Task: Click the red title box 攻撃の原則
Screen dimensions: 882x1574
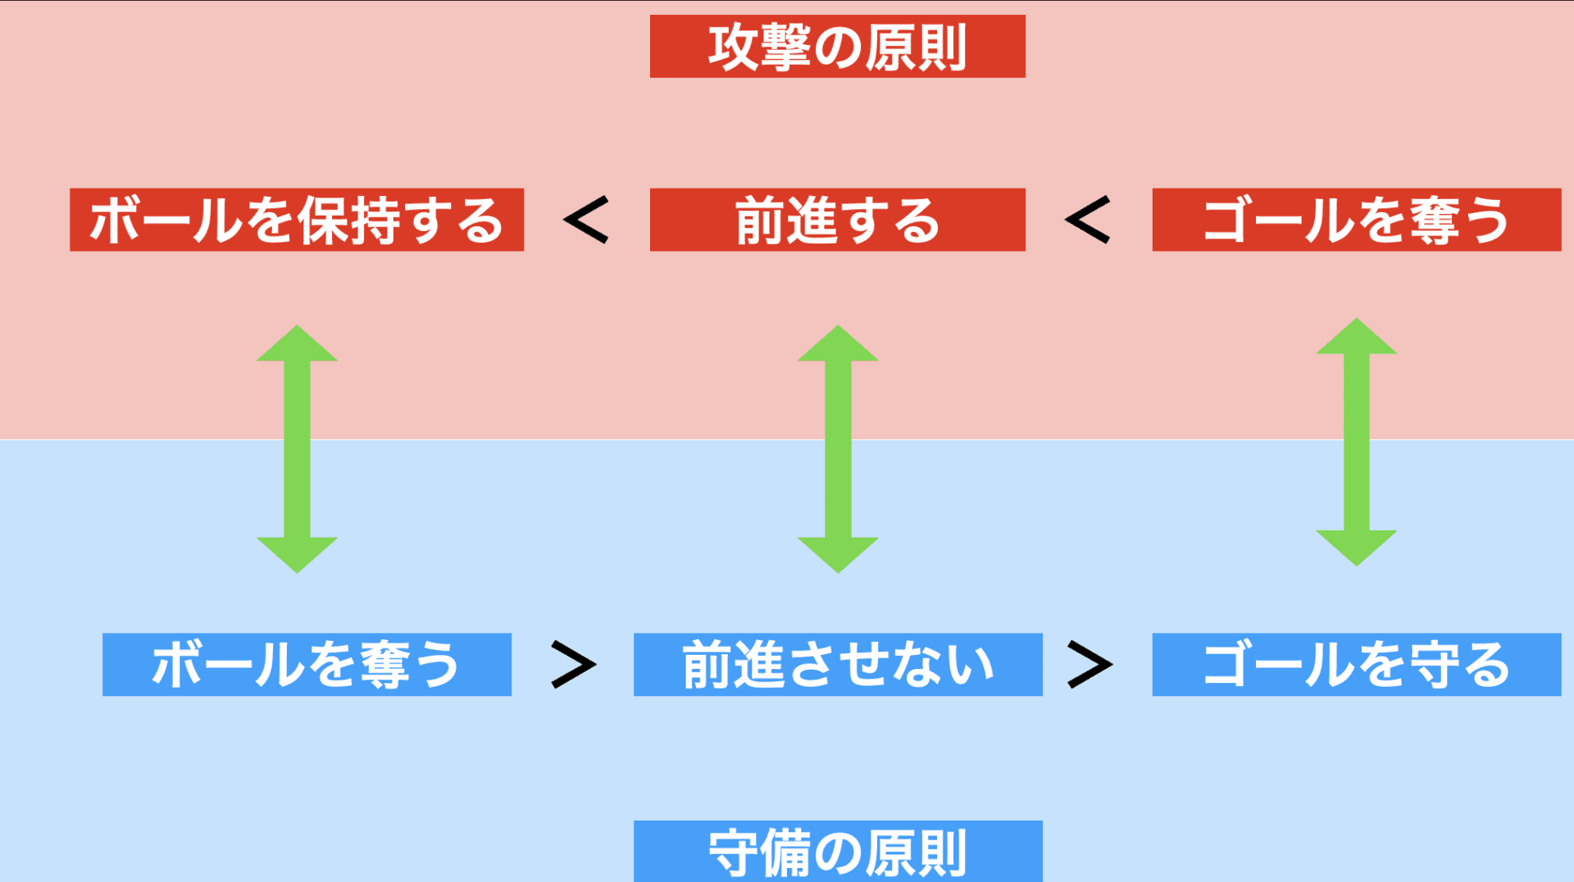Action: [x=837, y=47]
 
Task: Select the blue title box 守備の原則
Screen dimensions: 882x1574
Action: [x=837, y=852]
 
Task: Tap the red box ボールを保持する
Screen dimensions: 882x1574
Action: [x=296, y=220]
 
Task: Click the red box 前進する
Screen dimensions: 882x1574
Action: [x=837, y=220]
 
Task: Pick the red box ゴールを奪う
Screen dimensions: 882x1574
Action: [x=1356, y=220]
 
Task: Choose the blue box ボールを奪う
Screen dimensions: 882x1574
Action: [x=307, y=664]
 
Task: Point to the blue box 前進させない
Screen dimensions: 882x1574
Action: [x=837, y=664]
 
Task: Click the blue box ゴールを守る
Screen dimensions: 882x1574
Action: [x=1356, y=664]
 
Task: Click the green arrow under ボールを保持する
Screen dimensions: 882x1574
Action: [x=297, y=448]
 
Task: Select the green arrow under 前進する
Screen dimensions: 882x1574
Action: [x=838, y=448]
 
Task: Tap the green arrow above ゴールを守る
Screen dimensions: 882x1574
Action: [x=1356, y=442]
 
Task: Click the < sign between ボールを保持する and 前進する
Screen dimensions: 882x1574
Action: [x=587, y=220]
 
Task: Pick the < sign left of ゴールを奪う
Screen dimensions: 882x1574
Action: [x=1088, y=220]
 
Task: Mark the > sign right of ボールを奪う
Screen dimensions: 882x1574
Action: [x=573, y=664]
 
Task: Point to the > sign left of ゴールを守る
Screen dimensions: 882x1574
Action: [x=1090, y=664]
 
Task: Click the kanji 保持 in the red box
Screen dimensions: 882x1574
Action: [x=348, y=220]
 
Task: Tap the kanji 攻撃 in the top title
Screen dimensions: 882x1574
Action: [x=760, y=48]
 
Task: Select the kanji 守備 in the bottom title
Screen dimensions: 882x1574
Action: [x=760, y=853]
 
